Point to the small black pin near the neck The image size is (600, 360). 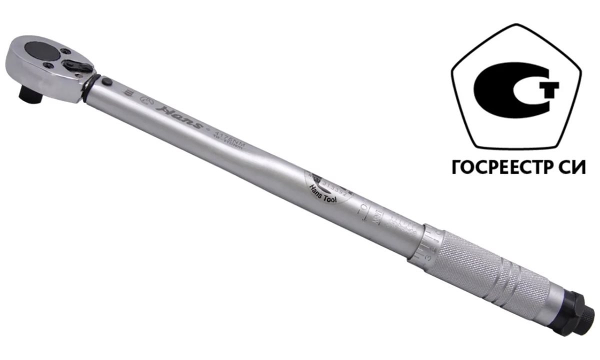click(107, 81)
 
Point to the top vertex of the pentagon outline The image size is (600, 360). click(517, 24)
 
